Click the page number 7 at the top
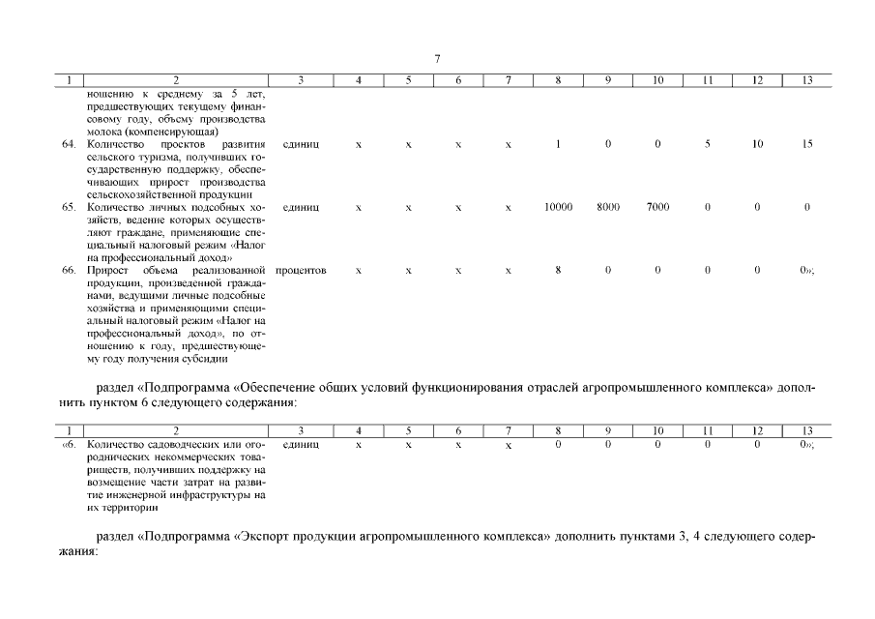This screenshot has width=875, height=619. (437, 59)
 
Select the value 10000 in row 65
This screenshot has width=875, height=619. (558, 207)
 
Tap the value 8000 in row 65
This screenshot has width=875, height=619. (607, 207)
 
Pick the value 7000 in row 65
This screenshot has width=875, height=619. (657, 207)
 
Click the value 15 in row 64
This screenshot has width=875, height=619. (806, 144)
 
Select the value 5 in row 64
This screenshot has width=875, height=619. (708, 144)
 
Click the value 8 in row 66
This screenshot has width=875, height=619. (558, 270)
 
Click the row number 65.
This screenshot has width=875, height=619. (69, 207)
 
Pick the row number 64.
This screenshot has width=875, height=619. (69, 144)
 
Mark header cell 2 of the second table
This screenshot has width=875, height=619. (175, 431)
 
